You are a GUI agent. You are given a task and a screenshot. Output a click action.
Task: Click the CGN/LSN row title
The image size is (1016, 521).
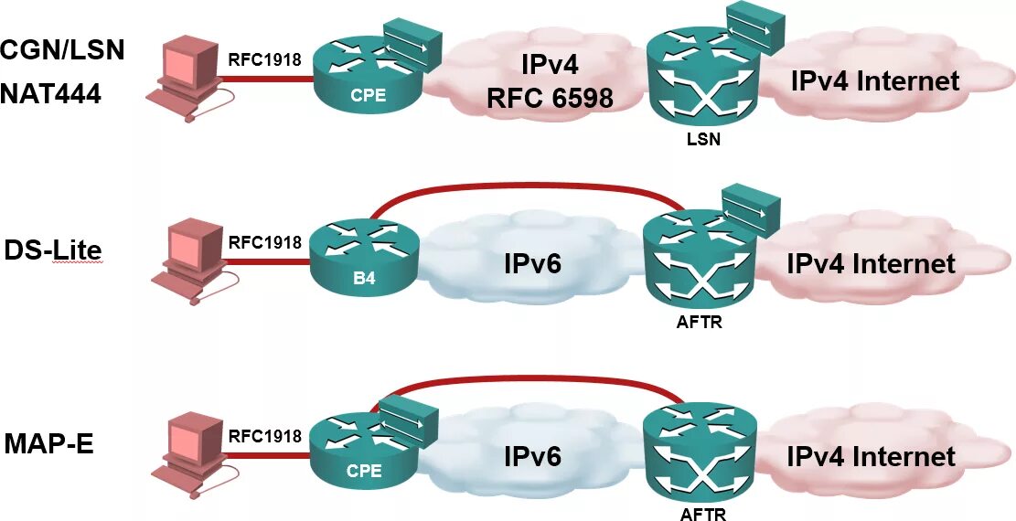[x=62, y=50]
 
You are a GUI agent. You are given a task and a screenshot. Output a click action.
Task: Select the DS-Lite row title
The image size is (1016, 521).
[x=52, y=250]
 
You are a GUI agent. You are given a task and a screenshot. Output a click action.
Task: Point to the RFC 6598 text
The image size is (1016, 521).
[x=550, y=97]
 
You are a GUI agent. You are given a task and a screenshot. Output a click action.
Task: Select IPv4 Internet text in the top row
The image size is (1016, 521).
[x=874, y=80]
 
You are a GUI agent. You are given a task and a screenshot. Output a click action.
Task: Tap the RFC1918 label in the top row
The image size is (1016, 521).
[x=264, y=61]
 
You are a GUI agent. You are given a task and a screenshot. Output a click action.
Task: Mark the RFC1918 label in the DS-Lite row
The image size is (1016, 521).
[x=264, y=242]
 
